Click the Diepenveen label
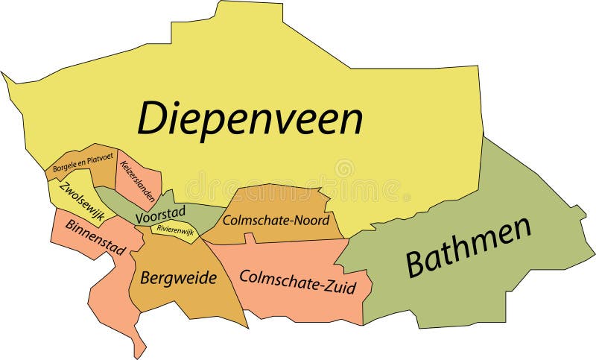tap(250, 119)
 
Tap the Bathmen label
tap(469, 247)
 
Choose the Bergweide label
tap(178, 279)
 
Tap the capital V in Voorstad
tap(140, 218)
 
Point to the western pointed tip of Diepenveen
tap(3, 73)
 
